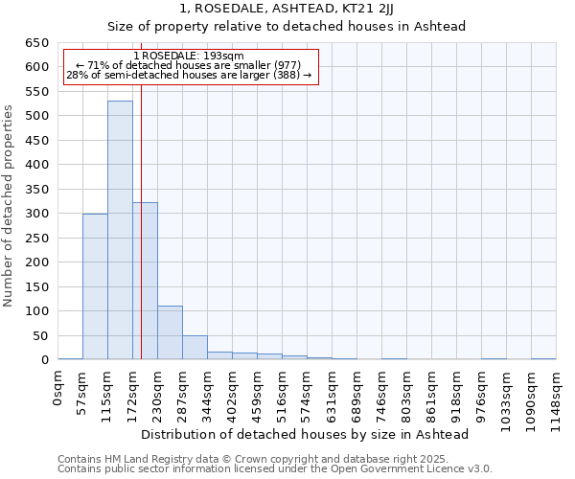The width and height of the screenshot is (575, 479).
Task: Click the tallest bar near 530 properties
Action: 120,230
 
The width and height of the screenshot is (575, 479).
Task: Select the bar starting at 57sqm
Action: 95,286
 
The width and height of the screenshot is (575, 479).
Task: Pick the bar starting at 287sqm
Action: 195,348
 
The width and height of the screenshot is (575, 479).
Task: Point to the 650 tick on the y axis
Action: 36,43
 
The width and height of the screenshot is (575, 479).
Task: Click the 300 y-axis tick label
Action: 36,214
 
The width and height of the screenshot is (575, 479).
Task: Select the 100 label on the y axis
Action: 36,311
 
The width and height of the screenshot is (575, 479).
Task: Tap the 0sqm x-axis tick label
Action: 58,391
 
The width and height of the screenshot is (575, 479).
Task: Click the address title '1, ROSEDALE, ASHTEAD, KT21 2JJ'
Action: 287,9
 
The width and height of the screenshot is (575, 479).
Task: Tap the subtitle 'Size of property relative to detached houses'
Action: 287,27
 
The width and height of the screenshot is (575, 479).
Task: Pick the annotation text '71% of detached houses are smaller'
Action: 189,65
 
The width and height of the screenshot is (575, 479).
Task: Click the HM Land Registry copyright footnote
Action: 274,459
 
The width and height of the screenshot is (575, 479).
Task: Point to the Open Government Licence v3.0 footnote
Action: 274,469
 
